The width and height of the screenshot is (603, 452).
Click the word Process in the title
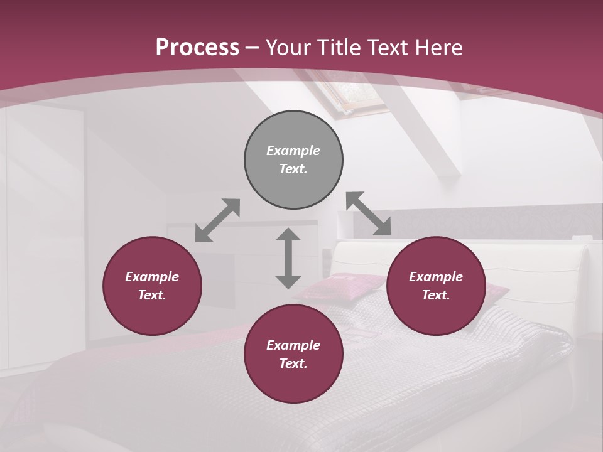[x=197, y=47]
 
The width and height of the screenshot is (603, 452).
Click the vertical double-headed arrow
[x=288, y=258]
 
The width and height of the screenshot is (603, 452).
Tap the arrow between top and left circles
[x=217, y=220]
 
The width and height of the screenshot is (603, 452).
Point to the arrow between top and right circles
[x=369, y=213]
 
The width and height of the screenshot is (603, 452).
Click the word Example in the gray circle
[x=293, y=151]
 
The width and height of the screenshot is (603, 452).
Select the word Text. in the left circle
[x=152, y=295]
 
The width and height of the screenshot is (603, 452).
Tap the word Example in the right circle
[x=436, y=277]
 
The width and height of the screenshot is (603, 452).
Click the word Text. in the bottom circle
[x=293, y=363]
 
